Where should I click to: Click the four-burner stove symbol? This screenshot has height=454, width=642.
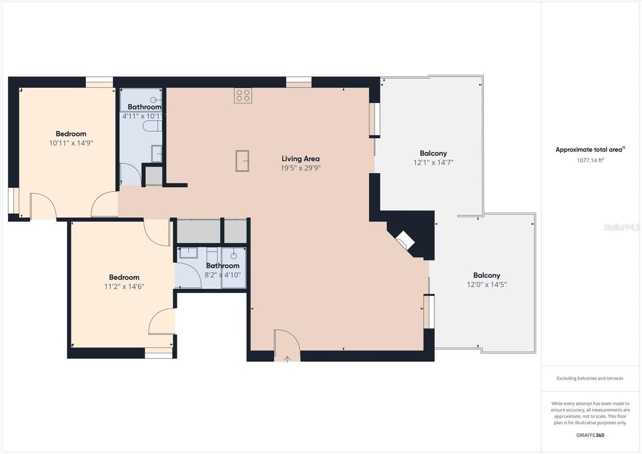point(243,95)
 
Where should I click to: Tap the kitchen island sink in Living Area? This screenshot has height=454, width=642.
point(242,161)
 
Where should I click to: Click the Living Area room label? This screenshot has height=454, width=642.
point(301,159)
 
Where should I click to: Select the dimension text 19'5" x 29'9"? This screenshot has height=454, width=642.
point(301,168)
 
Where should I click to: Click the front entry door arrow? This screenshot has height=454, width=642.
point(287,359)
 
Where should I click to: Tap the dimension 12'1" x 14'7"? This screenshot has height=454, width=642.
point(433,162)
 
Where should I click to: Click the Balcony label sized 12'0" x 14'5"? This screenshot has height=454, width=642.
point(487,275)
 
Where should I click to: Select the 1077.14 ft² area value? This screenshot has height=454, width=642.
point(590,160)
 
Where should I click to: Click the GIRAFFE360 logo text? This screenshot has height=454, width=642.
point(590,435)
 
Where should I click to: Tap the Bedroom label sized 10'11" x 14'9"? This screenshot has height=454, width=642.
point(71,134)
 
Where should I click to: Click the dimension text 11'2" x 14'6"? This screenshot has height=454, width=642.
point(124,286)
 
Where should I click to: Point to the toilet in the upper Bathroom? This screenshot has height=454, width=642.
point(152,126)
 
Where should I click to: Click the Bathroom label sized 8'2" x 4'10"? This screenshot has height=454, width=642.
point(223,266)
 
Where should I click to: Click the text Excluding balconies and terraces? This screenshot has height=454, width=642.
point(590,378)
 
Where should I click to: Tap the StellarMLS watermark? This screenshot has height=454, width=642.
point(622,227)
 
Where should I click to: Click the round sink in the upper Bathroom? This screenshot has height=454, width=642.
point(154,99)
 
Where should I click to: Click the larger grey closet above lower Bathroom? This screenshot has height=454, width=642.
point(199,231)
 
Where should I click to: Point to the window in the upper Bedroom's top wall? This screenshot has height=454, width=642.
point(99,82)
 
